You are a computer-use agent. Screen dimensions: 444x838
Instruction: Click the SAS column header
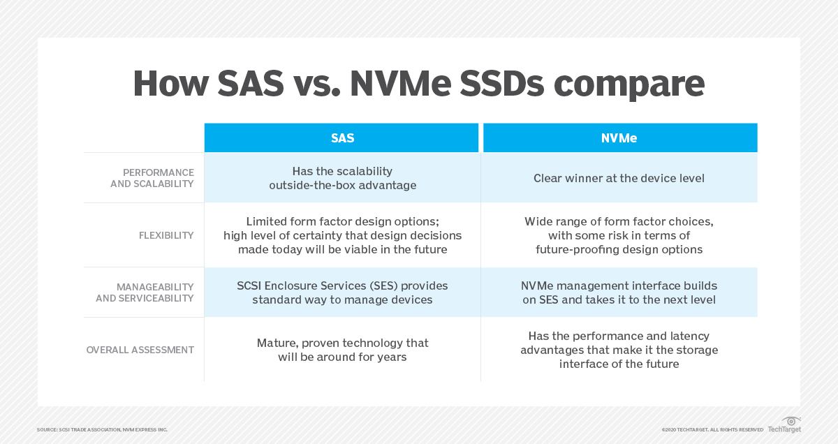tap(342, 138)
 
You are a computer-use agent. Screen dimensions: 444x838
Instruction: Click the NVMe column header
tap(619, 138)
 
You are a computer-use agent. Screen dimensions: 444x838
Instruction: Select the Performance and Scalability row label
tap(152, 178)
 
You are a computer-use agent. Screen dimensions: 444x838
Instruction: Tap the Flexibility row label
tap(166, 235)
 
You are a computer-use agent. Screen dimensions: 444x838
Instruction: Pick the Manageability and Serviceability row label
tap(145, 293)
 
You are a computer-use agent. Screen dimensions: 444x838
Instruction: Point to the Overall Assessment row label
tap(140, 350)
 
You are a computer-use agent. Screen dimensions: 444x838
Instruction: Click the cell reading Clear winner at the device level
tap(619, 178)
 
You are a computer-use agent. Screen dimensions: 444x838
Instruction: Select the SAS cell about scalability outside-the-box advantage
tap(342, 178)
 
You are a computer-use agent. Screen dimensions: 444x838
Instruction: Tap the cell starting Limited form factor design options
tap(342, 235)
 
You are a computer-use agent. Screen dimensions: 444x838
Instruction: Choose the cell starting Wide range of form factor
tap(619, 235)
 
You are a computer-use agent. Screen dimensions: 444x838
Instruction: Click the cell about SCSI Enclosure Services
tap(342, 293)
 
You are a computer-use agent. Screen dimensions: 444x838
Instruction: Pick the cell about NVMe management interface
tap(619, 293)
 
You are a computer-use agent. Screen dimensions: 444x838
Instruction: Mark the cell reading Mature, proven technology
tap(342, 350)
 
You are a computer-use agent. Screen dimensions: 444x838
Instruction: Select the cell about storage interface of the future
tap(619, 350)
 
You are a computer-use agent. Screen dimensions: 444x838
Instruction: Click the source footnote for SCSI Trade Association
tap(102, 429)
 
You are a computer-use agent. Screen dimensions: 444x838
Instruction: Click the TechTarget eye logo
tap(791, 422)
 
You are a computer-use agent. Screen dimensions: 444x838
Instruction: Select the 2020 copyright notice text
tap(712, 429)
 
